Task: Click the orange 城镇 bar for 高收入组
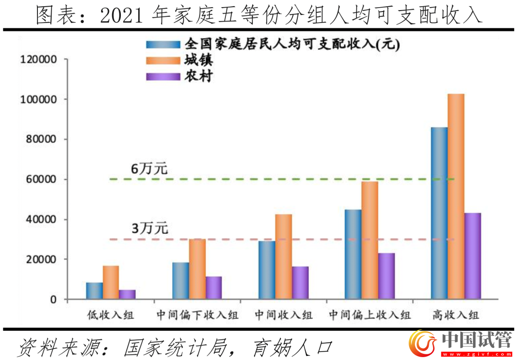pos(456,196)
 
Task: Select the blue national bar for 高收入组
pos(439,213)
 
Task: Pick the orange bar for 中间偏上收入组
pos(369,240)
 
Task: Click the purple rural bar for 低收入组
pos(127,294)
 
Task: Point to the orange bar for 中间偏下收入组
pos(197,269)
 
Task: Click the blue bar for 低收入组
pos(94,290)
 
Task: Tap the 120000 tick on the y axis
pos(38,60)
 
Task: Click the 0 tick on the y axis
pos(53,300)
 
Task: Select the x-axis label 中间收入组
pos(283,315)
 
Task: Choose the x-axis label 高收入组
pos(455,315)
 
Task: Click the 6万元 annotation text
pos(149,169)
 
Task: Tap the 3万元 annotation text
pos(149,229)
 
